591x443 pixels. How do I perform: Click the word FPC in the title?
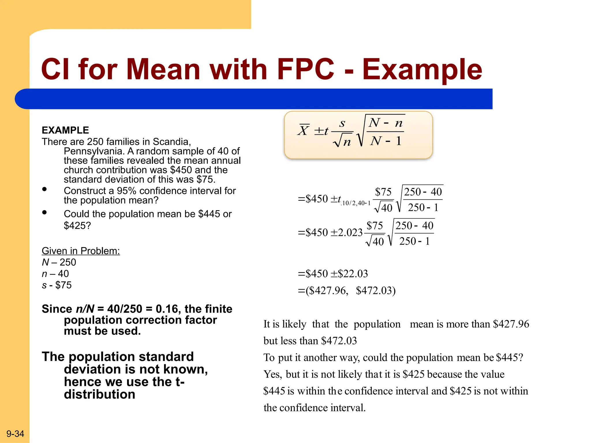coord(305,69)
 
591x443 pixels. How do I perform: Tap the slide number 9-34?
coord(15,433)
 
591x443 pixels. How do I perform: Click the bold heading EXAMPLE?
coord(65,130)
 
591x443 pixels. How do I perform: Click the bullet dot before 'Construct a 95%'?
coord(44,189)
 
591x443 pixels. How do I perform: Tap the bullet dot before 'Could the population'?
coord(44,212)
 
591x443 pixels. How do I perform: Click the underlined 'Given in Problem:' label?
coord(81,251)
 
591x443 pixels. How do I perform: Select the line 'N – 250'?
coord(59,262)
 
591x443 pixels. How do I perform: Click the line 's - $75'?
coord(57,285)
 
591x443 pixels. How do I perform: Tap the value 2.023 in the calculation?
coord(350,232)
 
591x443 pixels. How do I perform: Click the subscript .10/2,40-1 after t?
coord(356,203)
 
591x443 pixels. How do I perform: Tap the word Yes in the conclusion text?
coord(272,374)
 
